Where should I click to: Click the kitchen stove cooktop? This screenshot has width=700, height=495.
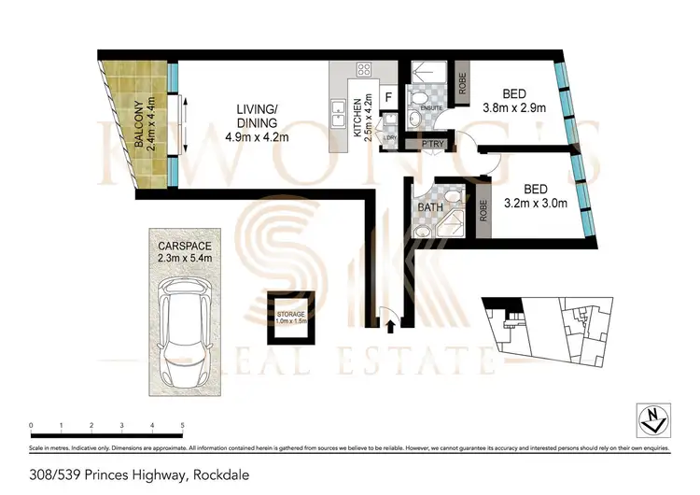364,70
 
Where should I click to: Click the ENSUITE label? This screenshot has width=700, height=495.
432,107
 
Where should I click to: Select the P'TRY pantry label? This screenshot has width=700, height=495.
430,143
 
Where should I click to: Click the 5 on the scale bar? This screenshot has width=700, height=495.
182,425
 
